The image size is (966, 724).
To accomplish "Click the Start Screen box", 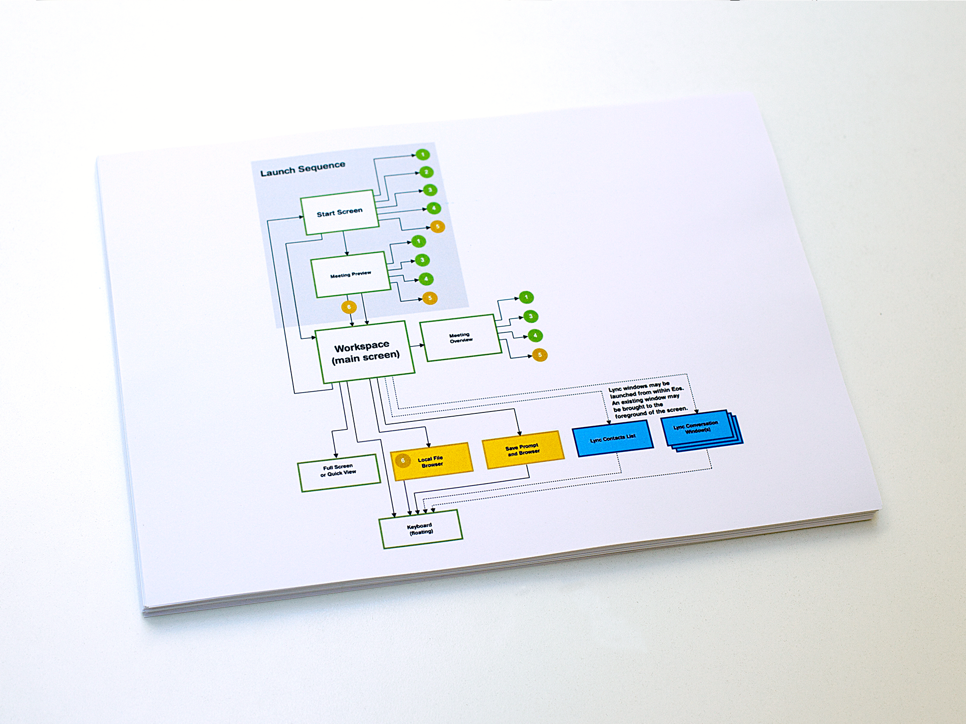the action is click(339, 212).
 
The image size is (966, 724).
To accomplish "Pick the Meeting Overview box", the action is click(461, 337).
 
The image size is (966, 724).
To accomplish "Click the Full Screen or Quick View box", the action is click(339, 473).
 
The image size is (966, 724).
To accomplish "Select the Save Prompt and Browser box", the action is click(523, 450).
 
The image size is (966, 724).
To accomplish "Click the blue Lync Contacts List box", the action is click(613, 438).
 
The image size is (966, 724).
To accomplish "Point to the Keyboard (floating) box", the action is click(421, 529).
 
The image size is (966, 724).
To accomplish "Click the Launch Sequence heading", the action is click(303, 168).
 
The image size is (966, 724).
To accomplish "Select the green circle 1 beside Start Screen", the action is click(423, 155).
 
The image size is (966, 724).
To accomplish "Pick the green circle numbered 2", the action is click(426, 172).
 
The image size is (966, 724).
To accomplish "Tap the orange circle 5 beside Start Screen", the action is click(438, 227).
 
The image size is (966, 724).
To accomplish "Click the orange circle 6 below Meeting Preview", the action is click(349, 307).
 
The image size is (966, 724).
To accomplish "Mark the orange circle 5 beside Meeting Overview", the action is click(540, 355).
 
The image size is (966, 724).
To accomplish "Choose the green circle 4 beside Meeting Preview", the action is click(426, 279).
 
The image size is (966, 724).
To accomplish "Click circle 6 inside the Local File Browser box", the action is click(403, 461).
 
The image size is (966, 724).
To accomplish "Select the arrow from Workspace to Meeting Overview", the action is click(418, 346).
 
